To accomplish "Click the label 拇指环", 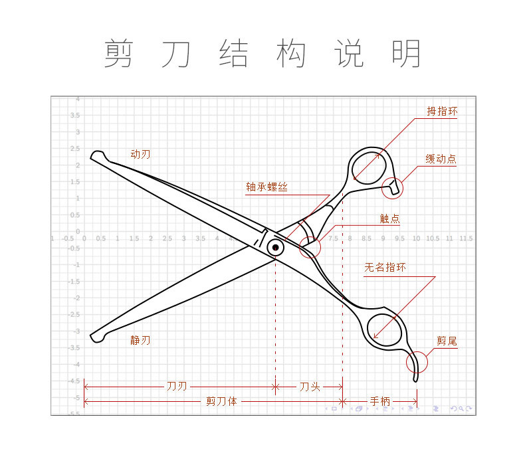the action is click(442, 112).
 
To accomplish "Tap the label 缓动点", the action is click(441, 159).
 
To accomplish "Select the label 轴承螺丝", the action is click(266, 188).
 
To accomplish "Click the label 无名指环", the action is click(385, 268).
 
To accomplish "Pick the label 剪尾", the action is click(447, 342).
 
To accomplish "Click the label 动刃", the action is click(140, 155).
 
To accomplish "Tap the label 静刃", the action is click(140, 340).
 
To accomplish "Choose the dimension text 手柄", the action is click(379, 401).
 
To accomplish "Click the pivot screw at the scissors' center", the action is click(275, 248).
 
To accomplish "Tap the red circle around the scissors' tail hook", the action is click(417, 363).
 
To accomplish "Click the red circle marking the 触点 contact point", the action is click(310, 248).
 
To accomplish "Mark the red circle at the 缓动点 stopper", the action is click(393, 188).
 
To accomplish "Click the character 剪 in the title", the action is click(118, 54).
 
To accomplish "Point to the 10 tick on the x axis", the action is click(416, 238).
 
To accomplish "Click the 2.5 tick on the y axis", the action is click(77, 149).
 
